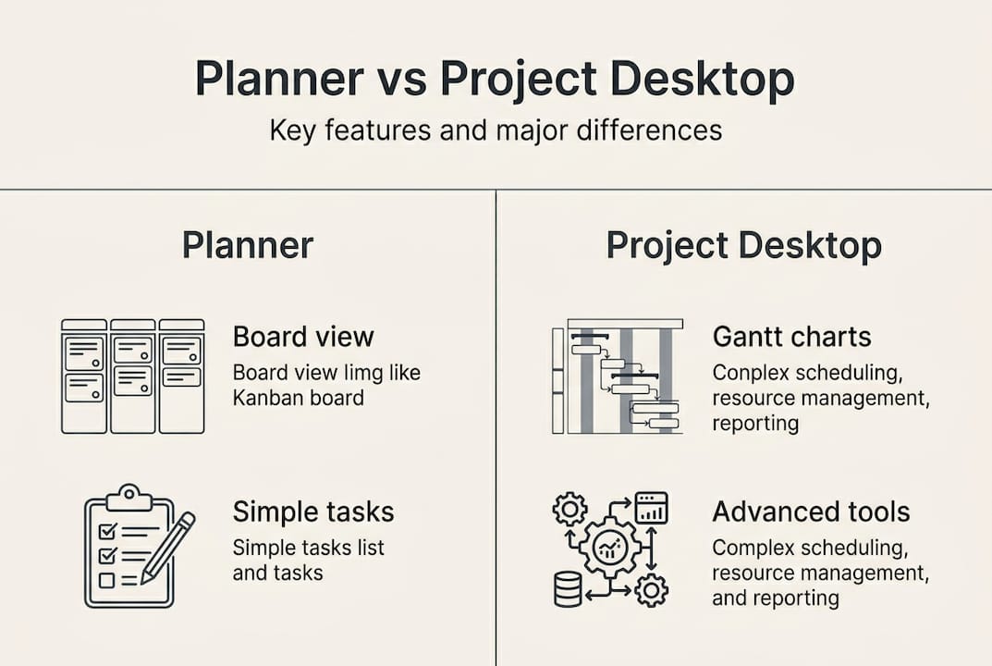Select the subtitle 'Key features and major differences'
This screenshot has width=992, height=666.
(x=496, y=129)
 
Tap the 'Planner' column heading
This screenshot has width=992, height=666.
(x=247, y=246)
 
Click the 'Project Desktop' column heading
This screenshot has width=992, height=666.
(x=743, y=246)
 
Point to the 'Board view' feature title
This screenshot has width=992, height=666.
(x=302, y=336)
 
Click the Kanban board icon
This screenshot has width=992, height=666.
(x=132, y=376)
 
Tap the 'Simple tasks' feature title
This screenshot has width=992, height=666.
(x=312, y=512)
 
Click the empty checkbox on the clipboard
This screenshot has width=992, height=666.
(x=106, y=581)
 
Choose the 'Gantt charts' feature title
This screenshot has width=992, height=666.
(x=791, y=336)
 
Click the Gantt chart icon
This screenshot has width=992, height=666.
(x=617, y=376)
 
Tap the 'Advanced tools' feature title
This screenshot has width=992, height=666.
(x=811, y=512)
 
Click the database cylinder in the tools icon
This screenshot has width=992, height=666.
(x=568, y=588)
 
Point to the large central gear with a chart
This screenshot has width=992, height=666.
(x=609, y=550)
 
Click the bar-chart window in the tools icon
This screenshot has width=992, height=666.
(x=651, y=507)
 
